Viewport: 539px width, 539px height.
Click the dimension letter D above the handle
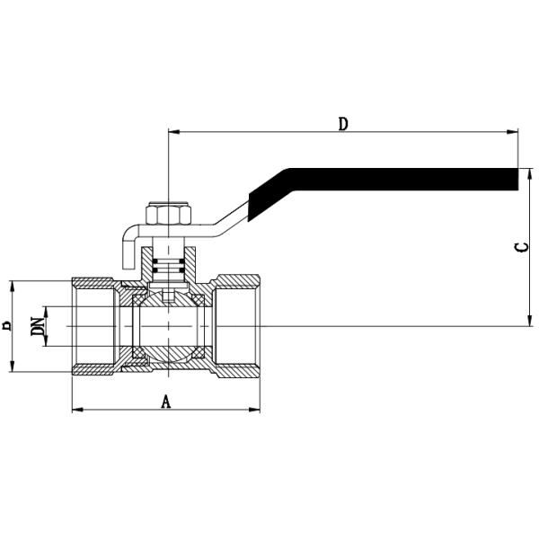click(x=342, y=124)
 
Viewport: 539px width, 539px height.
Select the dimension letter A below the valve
click(x=165, y=402)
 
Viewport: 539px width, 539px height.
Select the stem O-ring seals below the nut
click(x=168, y=266)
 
